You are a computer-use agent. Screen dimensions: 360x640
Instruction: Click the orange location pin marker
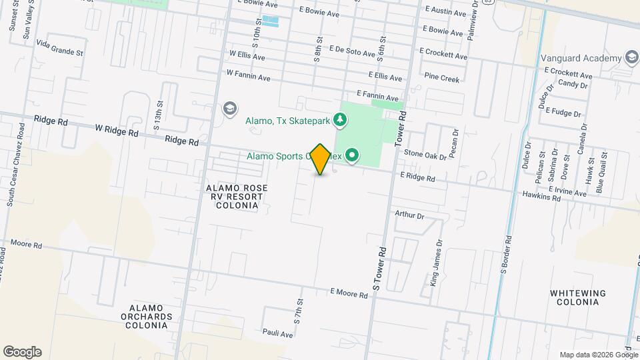321,159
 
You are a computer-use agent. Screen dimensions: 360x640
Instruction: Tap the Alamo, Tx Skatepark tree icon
341,120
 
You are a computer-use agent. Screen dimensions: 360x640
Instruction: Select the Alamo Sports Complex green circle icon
351,156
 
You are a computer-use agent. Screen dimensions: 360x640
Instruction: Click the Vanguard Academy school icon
631,58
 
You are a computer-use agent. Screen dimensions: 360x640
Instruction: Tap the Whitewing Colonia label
578,297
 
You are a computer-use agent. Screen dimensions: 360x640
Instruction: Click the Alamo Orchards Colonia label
147,316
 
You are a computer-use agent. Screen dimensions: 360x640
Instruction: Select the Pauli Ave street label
278,333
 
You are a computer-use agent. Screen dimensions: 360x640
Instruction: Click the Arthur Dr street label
409,215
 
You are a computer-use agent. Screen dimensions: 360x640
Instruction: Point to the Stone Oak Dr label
425,155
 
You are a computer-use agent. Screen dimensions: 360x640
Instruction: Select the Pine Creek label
442,79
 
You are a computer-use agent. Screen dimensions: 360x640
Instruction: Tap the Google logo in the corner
22,352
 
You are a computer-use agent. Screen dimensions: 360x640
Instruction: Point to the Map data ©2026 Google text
599,355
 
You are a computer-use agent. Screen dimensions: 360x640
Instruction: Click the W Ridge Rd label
117,130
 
